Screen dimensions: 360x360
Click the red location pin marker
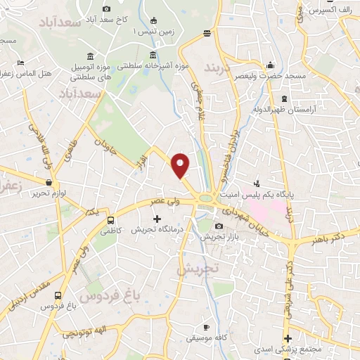tap(181, 165)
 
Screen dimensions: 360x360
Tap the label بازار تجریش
tap(219, 238)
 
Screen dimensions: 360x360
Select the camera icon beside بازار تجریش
tap(219, 226)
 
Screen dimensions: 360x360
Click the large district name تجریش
tap(198, 269)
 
